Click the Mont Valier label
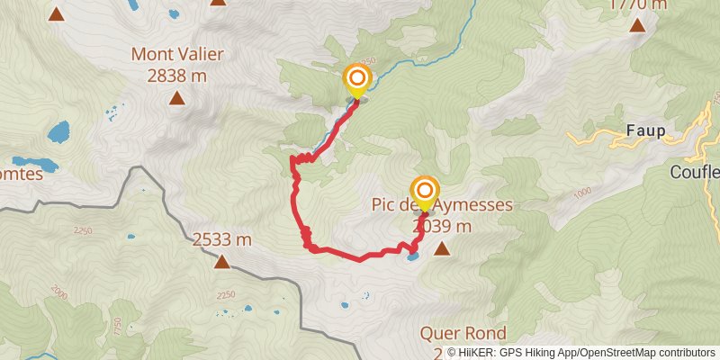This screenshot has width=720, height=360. coord(177,54)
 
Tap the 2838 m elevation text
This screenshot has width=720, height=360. coord(177,76)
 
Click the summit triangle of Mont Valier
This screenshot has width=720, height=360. coord(177,98)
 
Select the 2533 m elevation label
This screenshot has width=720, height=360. coord(221,239)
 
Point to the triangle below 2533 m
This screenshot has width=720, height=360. coord(221,262)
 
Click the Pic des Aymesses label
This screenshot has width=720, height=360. coord(442,205)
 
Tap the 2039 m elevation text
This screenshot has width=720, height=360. coord(441,227)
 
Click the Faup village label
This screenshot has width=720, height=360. coord(645,131)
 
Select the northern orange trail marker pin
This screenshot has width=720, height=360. coord(356,79)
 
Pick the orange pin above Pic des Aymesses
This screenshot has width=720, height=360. coord(425,192)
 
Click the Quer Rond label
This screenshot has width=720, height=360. coord(463,333)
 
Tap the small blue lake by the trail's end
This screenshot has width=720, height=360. coord(411,256)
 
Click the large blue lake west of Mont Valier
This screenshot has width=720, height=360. coord(58,132)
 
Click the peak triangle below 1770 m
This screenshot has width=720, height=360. coord(638,25)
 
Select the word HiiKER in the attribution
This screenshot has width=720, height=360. coord(484,353)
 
